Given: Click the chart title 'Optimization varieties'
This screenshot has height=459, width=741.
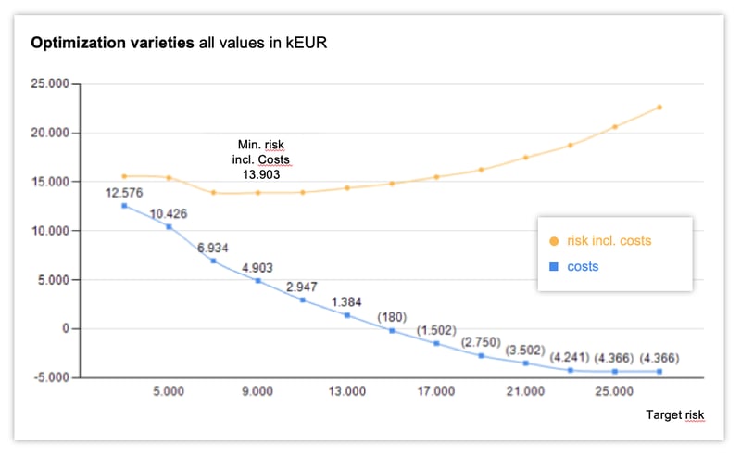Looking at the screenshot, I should [113, 43].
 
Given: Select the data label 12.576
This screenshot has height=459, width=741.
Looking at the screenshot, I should [123, 193].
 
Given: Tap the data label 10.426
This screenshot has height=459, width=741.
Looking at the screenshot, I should [169, 214].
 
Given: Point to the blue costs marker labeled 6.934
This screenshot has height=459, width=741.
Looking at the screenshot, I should [213, 261].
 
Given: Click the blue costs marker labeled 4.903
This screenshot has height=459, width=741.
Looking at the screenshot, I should [258, 280].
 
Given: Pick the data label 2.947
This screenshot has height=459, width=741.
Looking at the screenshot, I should [302, 287].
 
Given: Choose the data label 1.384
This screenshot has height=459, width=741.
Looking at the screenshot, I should [346, 303].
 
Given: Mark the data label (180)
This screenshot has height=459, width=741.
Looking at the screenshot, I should [392, 317].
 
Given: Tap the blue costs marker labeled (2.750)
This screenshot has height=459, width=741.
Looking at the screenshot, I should [481, 355].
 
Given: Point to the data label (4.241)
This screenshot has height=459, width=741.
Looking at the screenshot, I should [571, 357].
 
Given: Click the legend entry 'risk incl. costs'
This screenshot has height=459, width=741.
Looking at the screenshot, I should [609, 241].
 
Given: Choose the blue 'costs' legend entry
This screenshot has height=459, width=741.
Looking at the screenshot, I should [582, 267].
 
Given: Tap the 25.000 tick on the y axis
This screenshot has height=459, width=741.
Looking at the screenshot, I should [52, 83].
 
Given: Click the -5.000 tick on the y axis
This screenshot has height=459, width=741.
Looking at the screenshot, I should [52, 377].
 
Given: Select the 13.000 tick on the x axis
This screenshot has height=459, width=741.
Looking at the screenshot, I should [346, 392].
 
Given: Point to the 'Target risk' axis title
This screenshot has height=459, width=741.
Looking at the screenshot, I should [675, 415].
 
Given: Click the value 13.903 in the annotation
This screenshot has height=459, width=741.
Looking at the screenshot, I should [257, 173].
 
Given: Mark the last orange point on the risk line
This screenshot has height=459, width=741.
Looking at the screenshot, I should [659, 108].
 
